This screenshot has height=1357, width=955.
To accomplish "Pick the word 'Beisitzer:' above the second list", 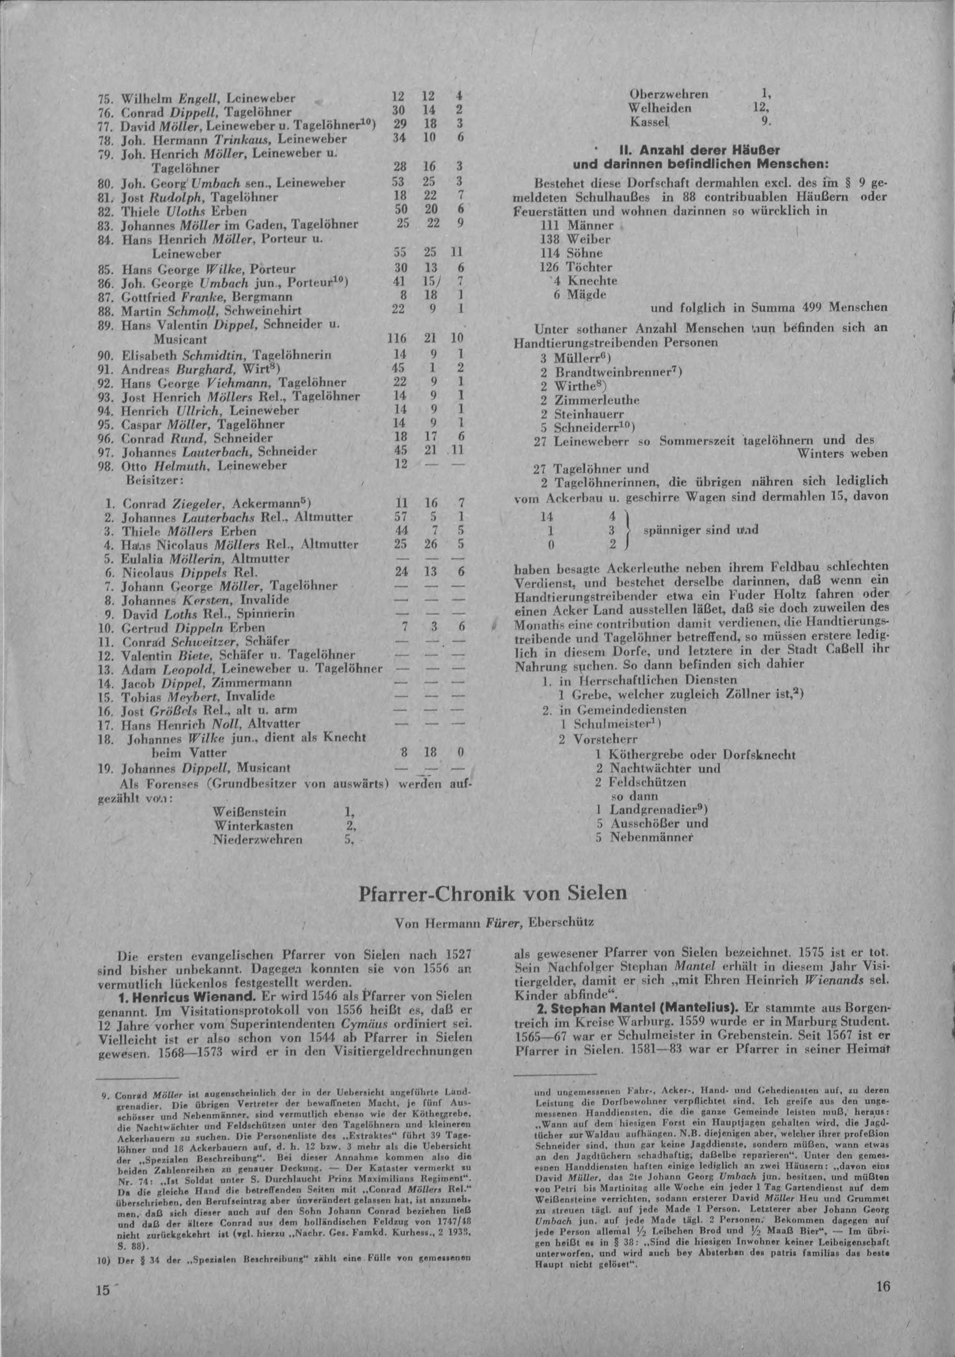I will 148,480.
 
